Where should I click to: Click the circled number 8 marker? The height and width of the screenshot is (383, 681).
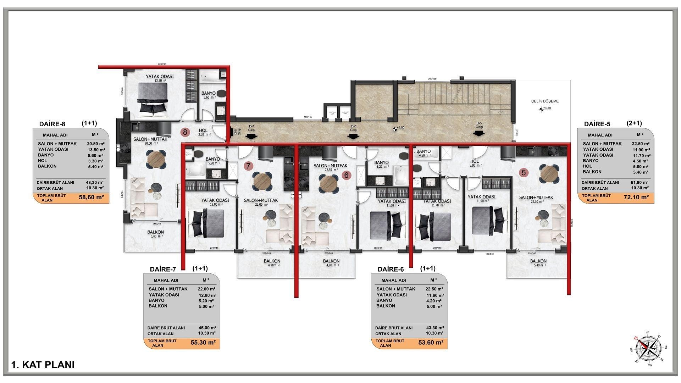coord(185,132)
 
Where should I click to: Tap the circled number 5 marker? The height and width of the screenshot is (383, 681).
coord(524,173)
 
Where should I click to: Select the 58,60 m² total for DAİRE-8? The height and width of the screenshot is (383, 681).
coord(91,198)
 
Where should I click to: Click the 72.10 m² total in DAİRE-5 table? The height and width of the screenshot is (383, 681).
coord(636,198)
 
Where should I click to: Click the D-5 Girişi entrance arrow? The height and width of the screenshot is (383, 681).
coord(479,133)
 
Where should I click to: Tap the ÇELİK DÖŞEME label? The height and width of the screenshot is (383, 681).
coord(545,101)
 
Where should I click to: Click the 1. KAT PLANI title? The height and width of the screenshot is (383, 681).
coord(43,365)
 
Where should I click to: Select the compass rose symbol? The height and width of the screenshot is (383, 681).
coord(648,349)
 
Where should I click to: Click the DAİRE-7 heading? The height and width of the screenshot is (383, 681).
coord(163,269)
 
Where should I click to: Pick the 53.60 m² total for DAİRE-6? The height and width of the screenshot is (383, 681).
coord(431,343)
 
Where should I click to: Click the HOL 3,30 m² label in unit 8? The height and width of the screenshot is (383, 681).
coord(204,132)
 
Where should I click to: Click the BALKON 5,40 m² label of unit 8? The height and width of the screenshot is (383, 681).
coord(155,234)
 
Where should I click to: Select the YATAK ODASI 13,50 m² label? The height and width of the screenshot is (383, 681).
coord(160,78)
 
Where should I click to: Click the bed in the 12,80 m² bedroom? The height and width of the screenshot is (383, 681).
coord(208,223)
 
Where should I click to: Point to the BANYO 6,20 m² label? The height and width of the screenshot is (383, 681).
coord(381,164)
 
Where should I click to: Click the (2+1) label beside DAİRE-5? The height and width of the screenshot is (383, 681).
coord(634,123)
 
